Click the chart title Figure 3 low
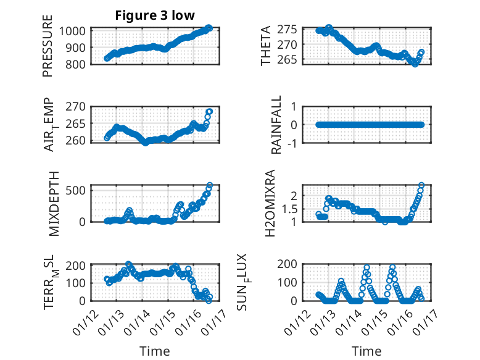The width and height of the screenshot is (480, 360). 155,16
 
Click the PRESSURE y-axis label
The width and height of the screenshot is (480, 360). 48,51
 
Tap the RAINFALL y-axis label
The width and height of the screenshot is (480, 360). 277,125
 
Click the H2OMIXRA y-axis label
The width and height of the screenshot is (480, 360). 270,203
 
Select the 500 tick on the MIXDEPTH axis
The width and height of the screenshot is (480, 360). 78,190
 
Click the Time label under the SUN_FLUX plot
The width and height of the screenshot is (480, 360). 366,351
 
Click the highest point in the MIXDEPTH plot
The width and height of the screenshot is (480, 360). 210,185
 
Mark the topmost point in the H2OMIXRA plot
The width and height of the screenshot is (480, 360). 422,185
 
